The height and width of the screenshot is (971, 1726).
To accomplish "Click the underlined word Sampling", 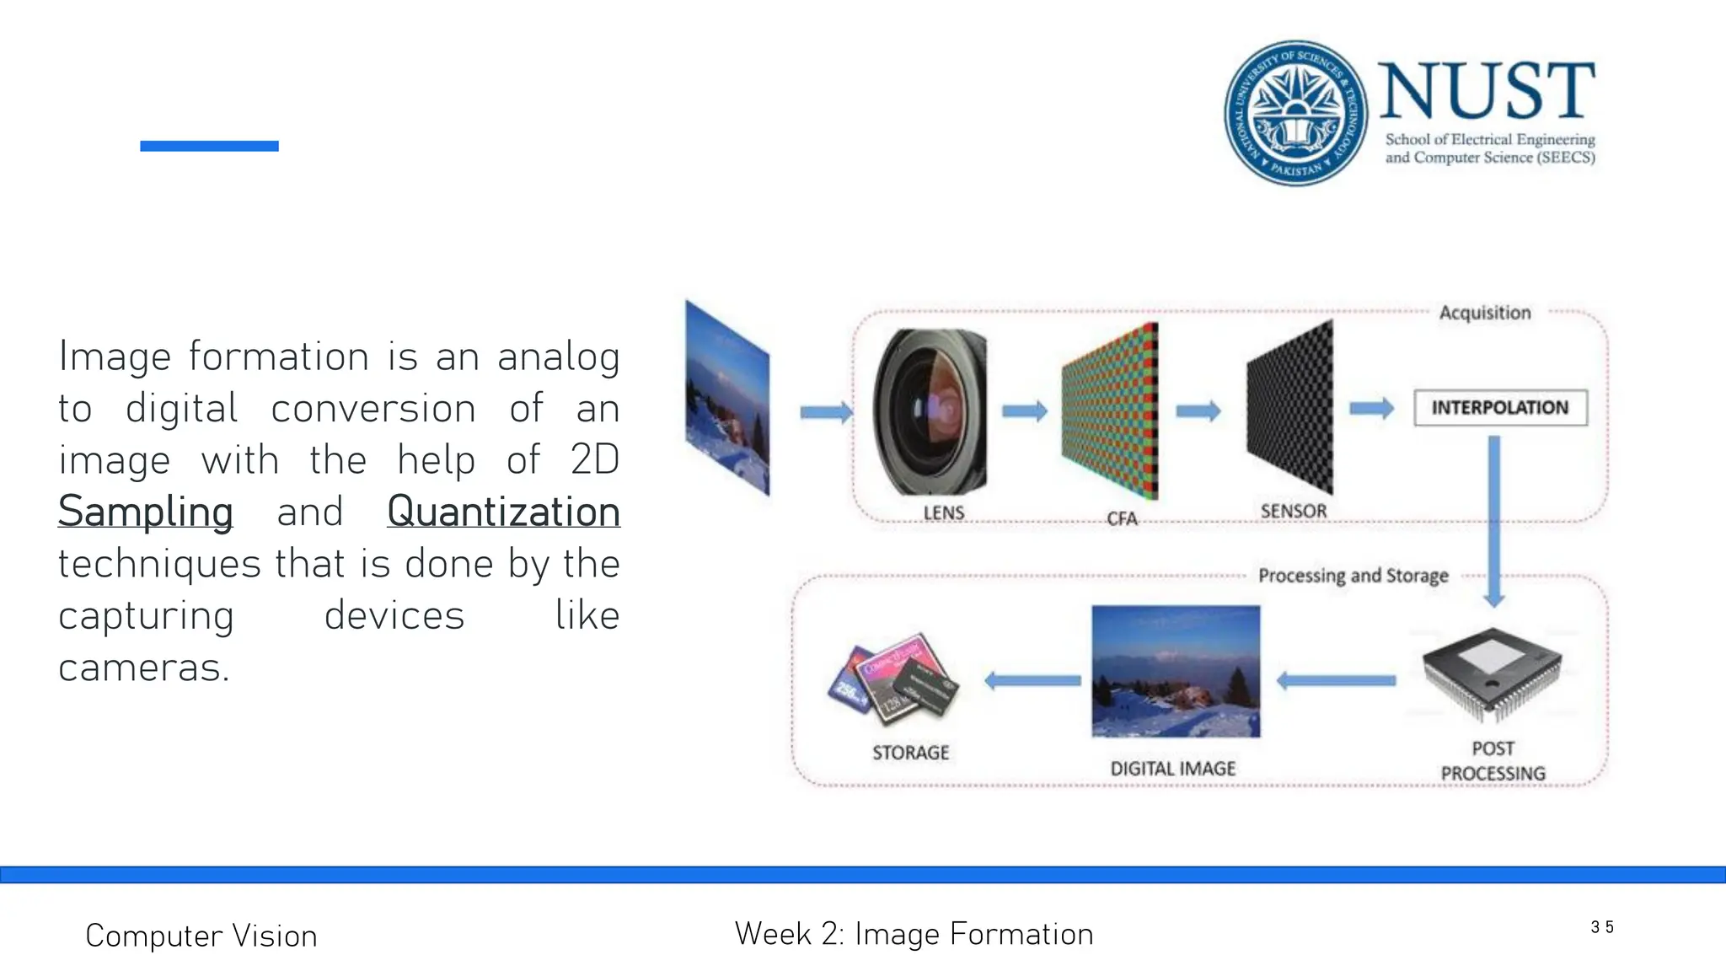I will [x=145, y=512].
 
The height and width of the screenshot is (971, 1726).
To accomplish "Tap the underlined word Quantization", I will [x=503, y=512].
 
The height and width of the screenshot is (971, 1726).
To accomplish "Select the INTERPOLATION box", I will [x=1500, y=408].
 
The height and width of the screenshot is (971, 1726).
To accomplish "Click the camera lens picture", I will [x=930, y=412].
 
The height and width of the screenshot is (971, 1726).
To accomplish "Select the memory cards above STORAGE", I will [x=894, y=679].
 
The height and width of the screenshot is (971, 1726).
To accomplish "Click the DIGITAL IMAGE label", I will [x=1172, y=769].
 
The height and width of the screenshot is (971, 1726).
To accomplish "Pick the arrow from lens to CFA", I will [x=1024, y=411].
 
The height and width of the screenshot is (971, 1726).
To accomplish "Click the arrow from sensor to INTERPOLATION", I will [x=1371, y=409].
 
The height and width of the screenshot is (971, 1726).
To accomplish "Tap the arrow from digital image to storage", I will [x=1033, y=680].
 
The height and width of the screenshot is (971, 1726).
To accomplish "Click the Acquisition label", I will [x=1484, y=313].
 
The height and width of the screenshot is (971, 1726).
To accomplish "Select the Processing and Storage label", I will [x=1353, y=576].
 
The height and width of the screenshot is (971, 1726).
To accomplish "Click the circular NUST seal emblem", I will [x=1295, y=113].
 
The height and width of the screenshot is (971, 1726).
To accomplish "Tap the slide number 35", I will [x=1601, y=927].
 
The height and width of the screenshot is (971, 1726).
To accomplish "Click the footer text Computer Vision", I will [x=201, y=936].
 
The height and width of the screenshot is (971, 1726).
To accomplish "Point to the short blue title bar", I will [x=209, y=146].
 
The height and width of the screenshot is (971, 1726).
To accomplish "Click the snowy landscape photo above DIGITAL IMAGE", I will [x=1176, y=672].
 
